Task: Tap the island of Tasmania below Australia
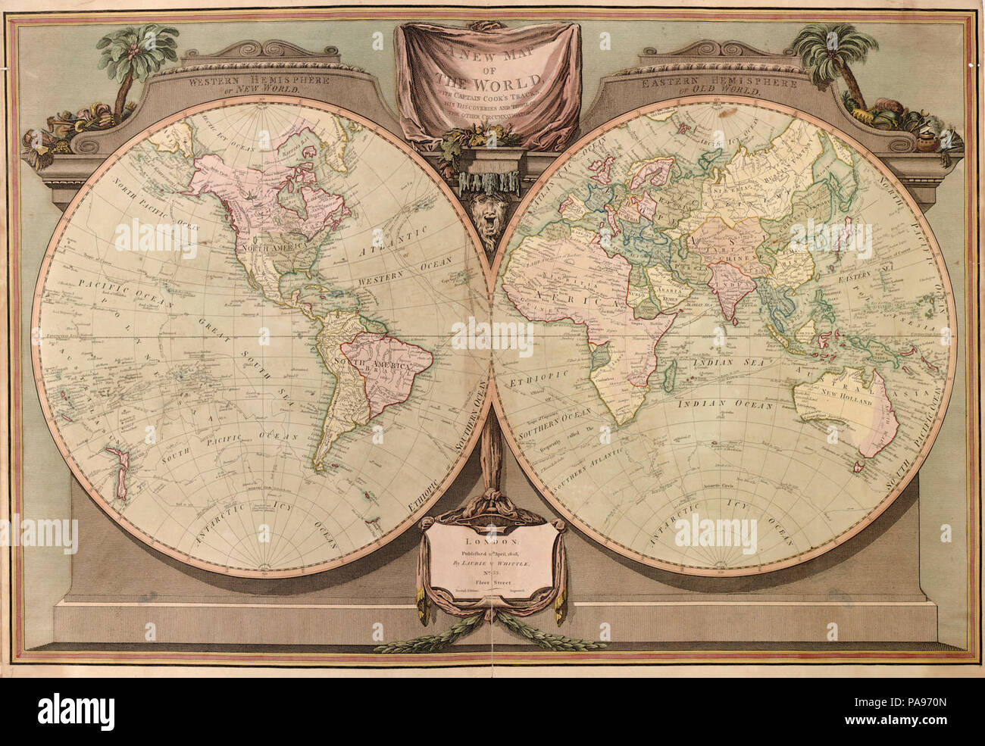pos(859,467)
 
